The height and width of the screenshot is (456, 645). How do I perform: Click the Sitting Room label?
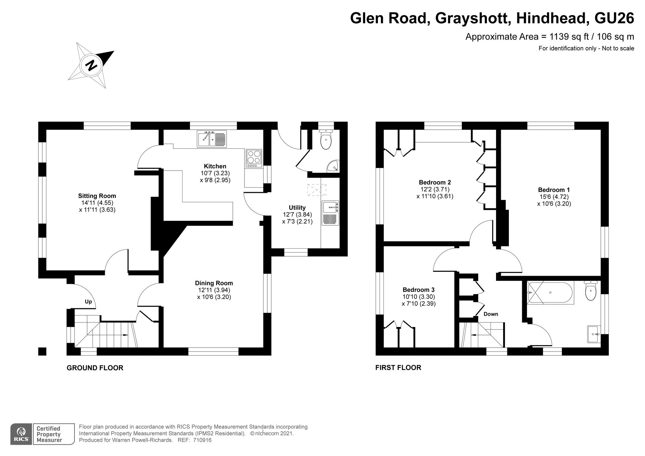point(97,196)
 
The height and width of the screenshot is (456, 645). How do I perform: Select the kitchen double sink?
point(212,139)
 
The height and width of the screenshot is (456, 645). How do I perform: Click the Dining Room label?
point(214,283)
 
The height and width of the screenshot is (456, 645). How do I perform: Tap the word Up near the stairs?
point(88,302)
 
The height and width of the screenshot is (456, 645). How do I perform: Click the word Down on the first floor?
point(491,314)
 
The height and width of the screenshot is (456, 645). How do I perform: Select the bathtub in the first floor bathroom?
point(550,293)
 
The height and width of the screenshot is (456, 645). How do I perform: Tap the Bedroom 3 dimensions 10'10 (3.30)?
point(419,297)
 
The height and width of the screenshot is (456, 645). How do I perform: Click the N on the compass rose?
point(91,65)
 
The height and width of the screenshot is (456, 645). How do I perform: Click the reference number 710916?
point(202,440)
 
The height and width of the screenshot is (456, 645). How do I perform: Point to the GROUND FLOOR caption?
point(95,368)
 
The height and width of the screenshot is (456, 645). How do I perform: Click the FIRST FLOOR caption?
point(398,368)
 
